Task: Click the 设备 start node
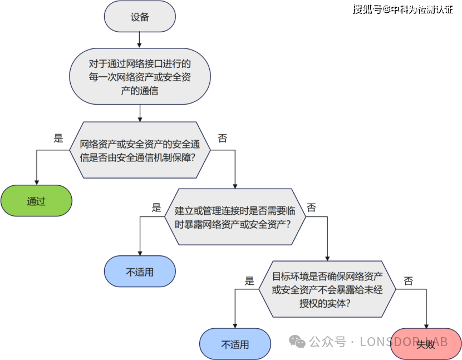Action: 140,17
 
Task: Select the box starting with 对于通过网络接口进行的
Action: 140,77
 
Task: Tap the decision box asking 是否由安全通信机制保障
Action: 139,150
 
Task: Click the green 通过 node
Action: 36,201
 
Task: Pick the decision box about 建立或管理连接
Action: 234,217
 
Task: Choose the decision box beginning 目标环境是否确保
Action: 328,289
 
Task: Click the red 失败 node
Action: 426,344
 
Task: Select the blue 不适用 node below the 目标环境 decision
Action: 235,344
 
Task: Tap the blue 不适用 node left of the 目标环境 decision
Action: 140,272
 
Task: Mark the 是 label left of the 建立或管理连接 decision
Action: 156,207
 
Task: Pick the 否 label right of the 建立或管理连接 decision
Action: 311,207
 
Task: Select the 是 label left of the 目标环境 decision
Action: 249,281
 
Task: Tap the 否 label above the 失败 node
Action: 408,281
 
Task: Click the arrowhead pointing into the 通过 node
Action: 36,182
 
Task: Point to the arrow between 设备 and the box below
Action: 140,40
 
